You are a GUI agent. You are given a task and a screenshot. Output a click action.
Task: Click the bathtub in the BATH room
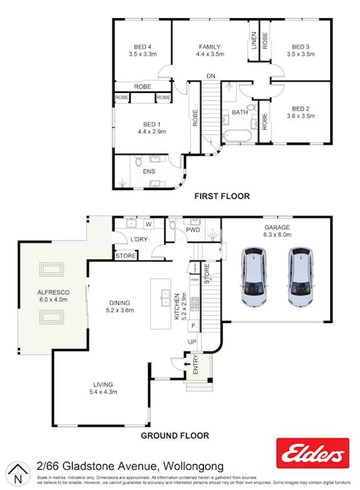click(237, 136)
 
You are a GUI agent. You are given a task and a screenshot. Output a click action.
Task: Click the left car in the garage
click(253, 277)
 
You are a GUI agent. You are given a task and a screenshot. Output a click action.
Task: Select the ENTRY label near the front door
click(195, 370)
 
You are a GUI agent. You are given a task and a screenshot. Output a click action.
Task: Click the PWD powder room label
click(192, 230)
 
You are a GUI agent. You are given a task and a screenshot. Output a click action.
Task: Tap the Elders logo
click(312, 454)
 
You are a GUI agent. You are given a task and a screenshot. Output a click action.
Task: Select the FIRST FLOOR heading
click(221, 196)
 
